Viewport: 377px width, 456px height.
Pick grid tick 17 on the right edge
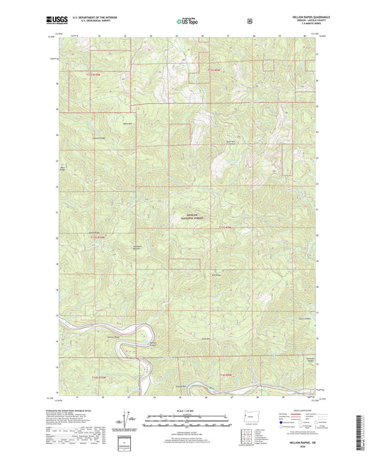click(318, 313)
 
